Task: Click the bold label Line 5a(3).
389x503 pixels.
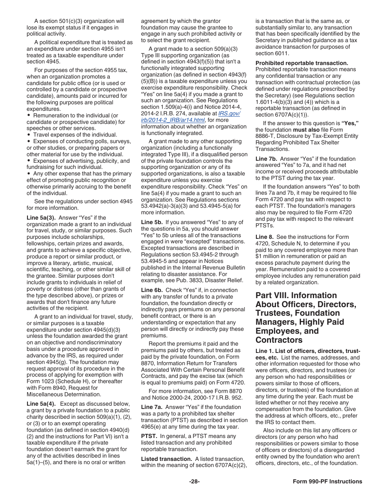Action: pyautogui.click(x=41, y=218)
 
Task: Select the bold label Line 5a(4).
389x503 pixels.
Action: pyautogui.click(x=41, y=404)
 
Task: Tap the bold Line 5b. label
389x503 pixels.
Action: pyautogui.click(x=151, y=222)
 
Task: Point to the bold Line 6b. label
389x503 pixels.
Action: pyautogui.click(x=151, y=290)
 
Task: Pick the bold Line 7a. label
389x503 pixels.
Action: pyautogui.click(x=151, y=407)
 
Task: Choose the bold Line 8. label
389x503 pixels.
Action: pyautogui.click(x=264, y=237)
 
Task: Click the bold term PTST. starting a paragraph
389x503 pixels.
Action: pyautogui.click(x=149, y=436)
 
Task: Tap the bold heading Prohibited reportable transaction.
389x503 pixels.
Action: pyautogui.click(x=302, y=63)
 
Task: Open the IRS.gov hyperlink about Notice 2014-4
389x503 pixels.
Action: pyautogui.click(x=190, y=117)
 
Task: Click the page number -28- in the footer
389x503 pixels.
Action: pyautogui.click(x=194, y=481)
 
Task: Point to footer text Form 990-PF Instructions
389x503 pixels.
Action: pyautogui.click(x=327, y=481)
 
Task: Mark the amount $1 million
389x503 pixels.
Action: pyautogui.click(x=269, y=256)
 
